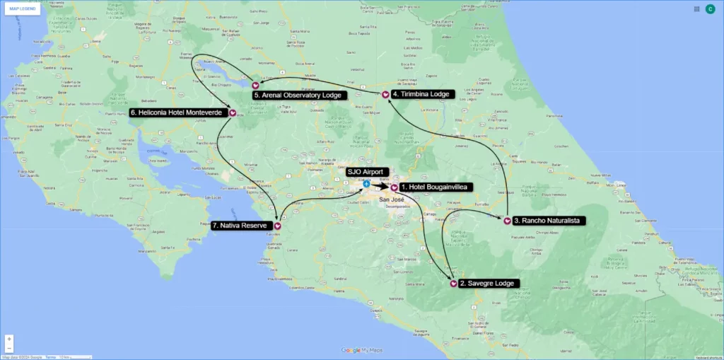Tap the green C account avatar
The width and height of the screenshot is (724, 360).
[x=710, y=9]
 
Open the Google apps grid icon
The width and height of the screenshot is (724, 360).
[x=696, y=9]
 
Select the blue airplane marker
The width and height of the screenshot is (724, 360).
[x=366, y=184]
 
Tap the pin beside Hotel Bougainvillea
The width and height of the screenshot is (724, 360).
[x=394, y=187]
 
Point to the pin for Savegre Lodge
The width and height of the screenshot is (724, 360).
[x=452, y=284]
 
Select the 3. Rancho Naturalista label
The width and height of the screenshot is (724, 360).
[x=548, y=221]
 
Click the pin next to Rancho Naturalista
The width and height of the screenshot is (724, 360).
[x=508, y=220]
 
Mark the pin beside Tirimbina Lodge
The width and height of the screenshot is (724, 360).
[x=385, y=94]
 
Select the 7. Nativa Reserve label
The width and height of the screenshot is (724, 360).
[x=240, y=226]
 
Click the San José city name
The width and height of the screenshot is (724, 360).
[x=392, y=200]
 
